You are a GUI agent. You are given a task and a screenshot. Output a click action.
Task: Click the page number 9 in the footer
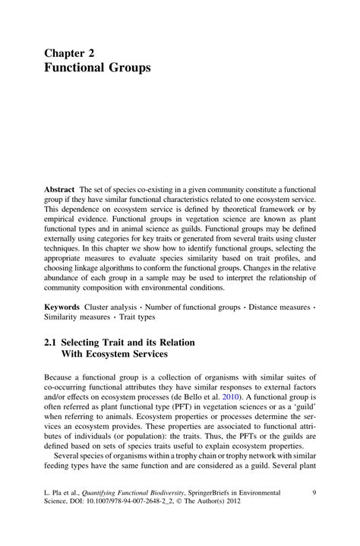coord(314,494)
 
